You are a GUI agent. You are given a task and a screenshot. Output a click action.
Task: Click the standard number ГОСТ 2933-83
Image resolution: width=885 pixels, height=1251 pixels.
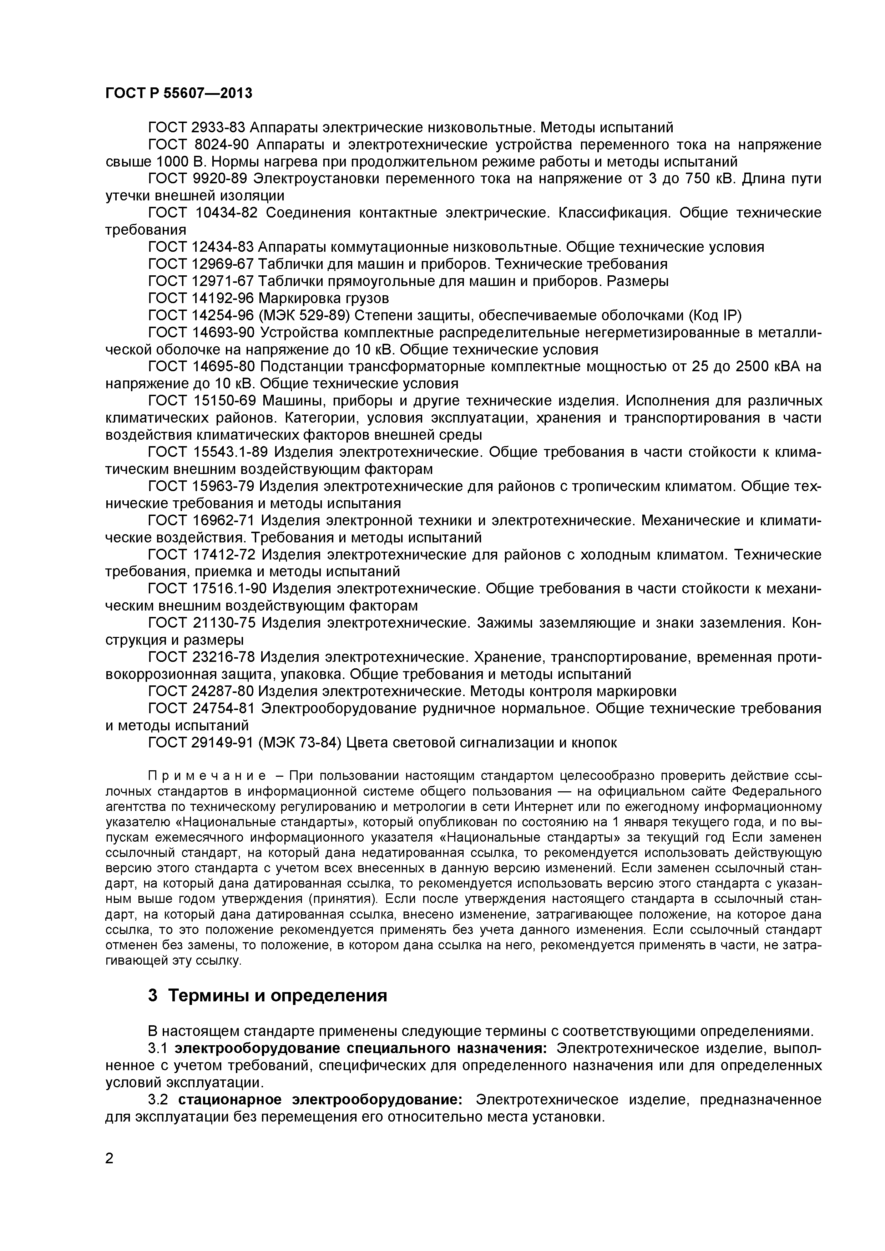pos(196,128)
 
